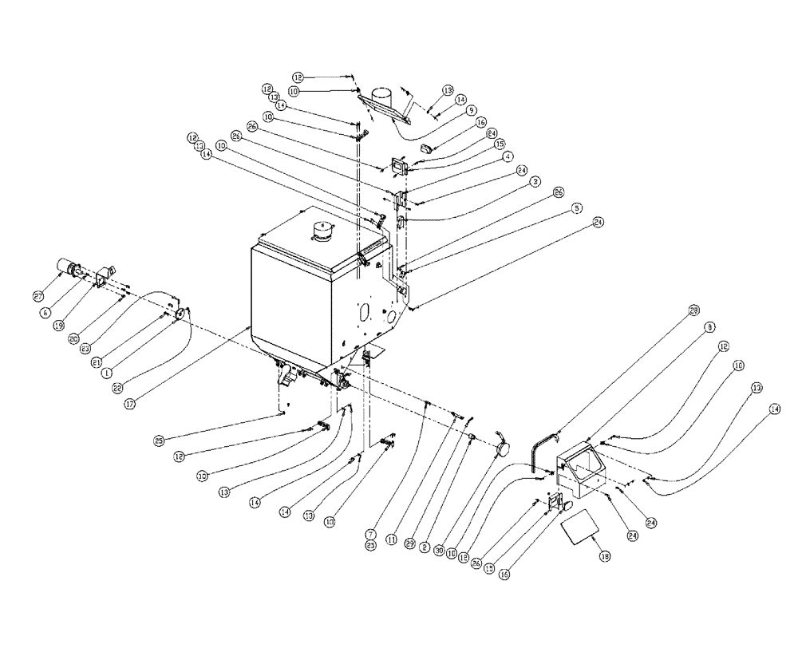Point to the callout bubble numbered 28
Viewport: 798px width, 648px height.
(693, 310)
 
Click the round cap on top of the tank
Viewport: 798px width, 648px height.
(322, 232)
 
